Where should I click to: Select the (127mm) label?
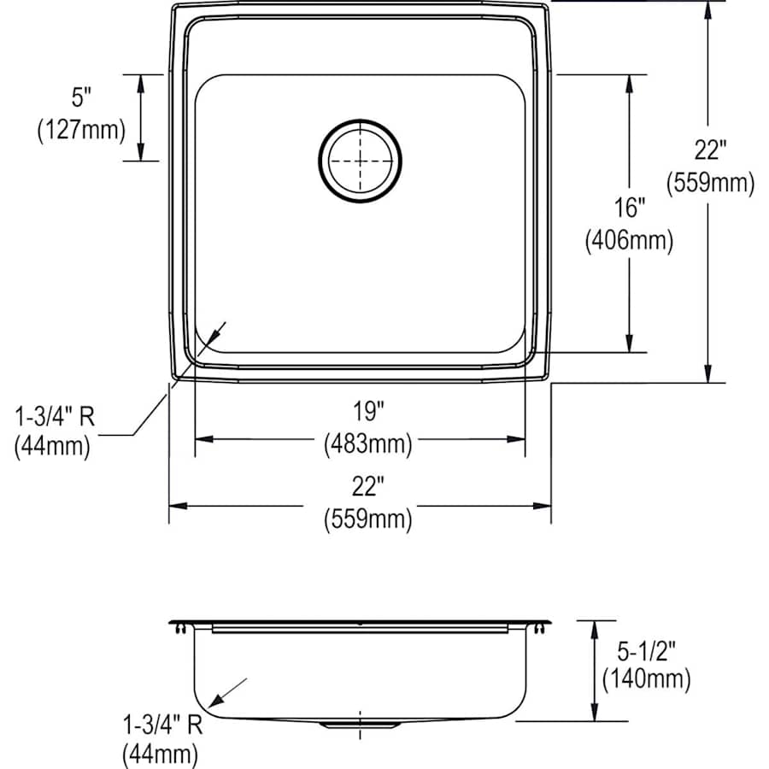point(81,130)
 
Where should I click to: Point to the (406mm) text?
point(630,242)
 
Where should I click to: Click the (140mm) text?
point(646,680)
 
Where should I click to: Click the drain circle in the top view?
point(360,160)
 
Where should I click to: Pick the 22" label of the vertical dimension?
point(709,150)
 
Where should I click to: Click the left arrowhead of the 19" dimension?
point(203,439)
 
